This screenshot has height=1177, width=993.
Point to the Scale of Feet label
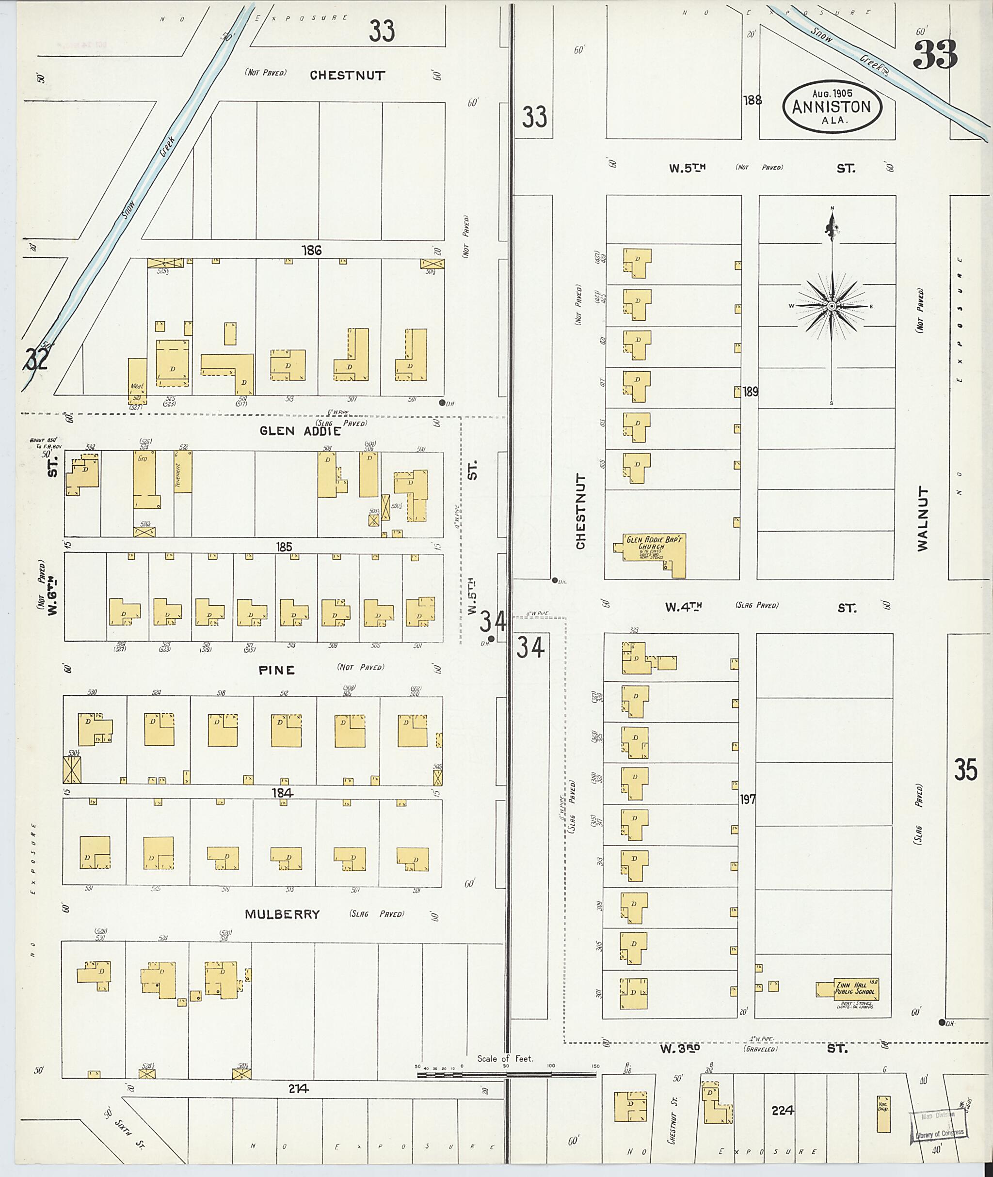505,1058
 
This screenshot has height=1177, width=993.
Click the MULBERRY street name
282,914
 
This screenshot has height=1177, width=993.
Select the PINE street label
276,670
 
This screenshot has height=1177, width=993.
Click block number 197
748,799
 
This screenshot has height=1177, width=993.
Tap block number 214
298,1089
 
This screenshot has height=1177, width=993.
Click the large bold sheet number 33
935,55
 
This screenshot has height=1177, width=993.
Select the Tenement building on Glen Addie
183,471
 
